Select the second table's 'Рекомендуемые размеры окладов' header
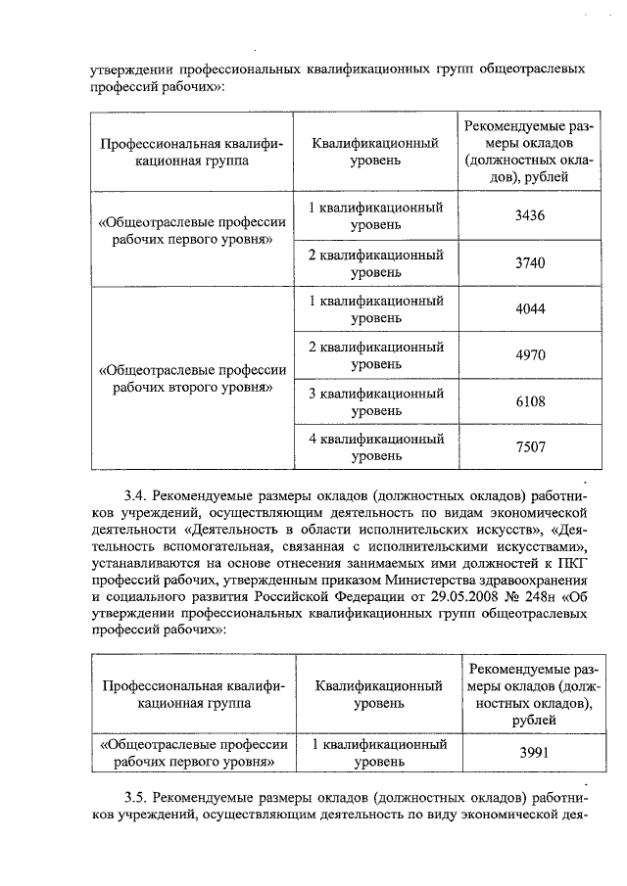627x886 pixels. point(528,694)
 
